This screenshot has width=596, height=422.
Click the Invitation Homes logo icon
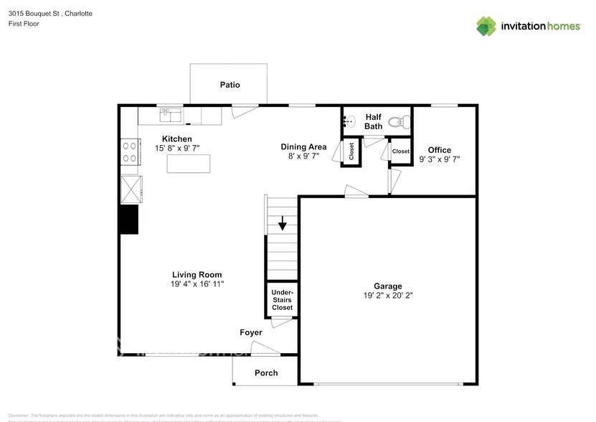[487, 26]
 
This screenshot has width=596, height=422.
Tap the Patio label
[230, 85]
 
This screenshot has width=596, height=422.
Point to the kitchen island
[189, 164]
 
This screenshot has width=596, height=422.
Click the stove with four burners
[130, 151]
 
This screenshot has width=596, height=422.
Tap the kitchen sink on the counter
[170, 113]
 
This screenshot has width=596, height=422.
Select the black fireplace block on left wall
[128, 219]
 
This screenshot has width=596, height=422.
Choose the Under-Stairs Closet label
[282, 300]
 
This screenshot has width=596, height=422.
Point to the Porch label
[266, 372]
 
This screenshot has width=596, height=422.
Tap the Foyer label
[250, 332]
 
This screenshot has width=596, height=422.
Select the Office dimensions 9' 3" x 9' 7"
[439, 159]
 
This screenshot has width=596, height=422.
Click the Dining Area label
[303, 146]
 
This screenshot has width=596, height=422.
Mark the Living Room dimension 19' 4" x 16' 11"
[197, 284]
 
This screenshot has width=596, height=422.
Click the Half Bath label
[374, 121]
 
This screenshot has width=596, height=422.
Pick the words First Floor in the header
[24, 24]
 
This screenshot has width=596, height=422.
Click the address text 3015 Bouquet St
[34, 14]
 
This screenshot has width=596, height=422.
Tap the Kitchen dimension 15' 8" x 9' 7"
[176, 148]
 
